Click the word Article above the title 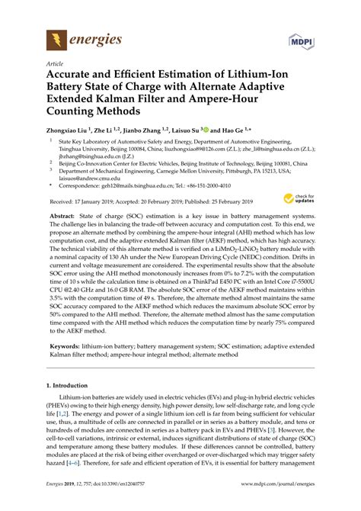[55, 64]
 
